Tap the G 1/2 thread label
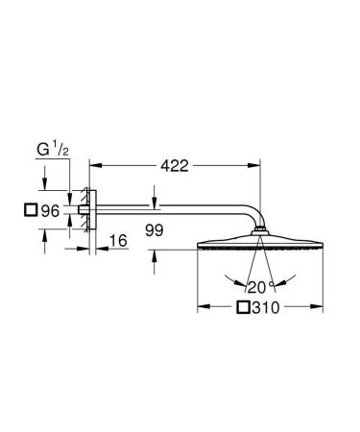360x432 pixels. [x=52, y=150]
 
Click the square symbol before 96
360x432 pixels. [x=32, y=208]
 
